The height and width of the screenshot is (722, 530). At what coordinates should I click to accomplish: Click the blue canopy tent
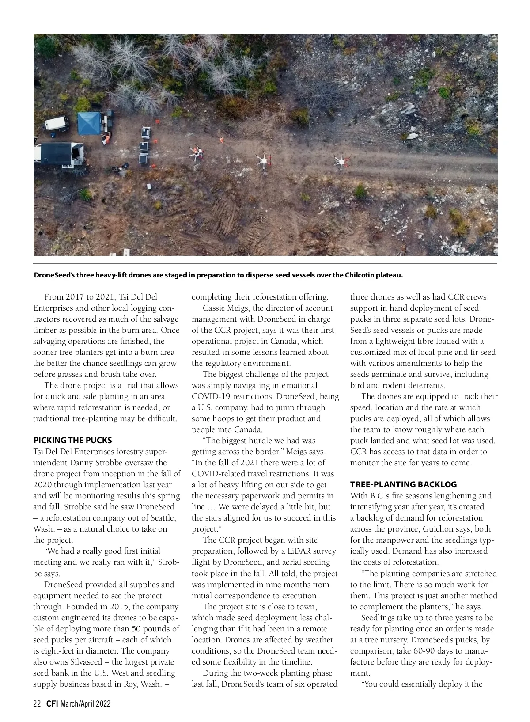click(90, 123)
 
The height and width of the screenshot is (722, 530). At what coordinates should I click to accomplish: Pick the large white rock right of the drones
click(412, 136)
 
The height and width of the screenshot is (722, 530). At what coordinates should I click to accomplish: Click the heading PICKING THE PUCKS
click(73, 441)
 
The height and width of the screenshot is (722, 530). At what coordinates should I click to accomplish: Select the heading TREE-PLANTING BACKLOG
click(403, 485)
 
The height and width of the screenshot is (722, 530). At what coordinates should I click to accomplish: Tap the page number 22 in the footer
click(37, 704)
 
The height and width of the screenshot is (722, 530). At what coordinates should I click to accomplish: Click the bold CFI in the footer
click(52, 704)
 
